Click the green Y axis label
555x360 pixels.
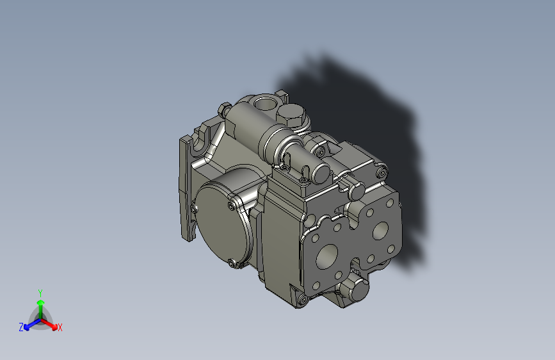pos(40,292)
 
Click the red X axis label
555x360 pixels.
pos(60,328)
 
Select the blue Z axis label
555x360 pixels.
pos(21,327)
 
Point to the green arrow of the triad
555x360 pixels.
pos(40,304)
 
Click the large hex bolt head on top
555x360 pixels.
pos(291,115)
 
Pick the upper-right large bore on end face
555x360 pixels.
pos(383,230)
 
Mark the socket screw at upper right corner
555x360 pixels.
pos(382,172)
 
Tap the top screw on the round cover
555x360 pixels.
pos(230,205)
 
